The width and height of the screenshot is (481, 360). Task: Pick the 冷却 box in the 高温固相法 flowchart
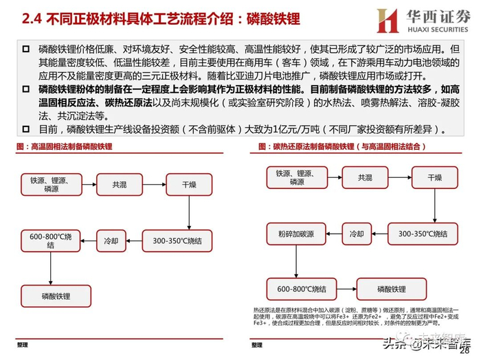point(111,240)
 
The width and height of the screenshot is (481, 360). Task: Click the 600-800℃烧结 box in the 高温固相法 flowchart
point(46,240)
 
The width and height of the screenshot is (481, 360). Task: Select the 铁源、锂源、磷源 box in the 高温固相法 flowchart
point(46,185)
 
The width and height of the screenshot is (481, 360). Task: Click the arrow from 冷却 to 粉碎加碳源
point(332,233)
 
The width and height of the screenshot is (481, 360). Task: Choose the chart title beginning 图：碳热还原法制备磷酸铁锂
point(323,146)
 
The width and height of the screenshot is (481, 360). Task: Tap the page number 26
point(472,352)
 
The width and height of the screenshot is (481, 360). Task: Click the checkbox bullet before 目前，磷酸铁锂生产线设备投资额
point(25,128)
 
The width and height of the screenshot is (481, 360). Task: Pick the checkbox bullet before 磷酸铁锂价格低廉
point(25,49)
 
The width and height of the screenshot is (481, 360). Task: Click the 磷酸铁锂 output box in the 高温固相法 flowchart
point(46,295)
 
